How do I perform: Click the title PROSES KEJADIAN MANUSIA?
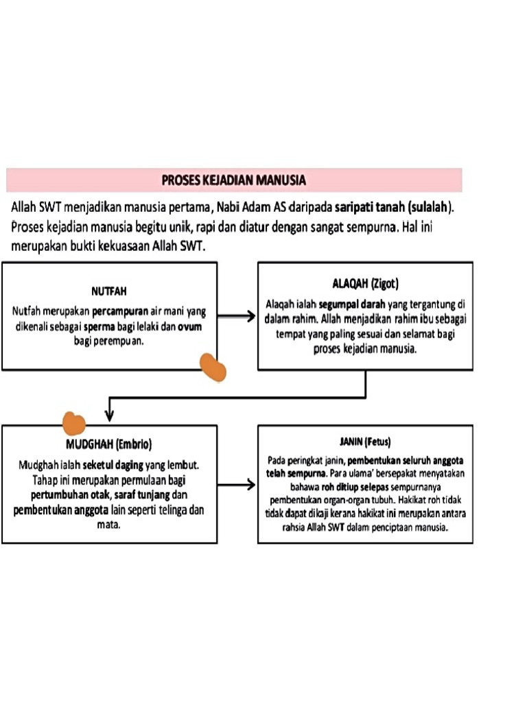pos(233,180)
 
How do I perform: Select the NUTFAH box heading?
pos(109,290)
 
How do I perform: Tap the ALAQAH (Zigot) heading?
pos(365,283)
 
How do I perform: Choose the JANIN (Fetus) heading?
pos(365,441)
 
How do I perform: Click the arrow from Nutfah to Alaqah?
pos(237,316)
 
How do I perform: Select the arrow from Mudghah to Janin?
pos(237,485)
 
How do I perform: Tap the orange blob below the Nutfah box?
pos(213,367)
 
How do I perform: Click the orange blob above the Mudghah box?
pos(73,423)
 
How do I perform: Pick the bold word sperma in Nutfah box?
pos(99,328)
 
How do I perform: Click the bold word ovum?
pos(190,328)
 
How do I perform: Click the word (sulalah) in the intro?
pos(432,206)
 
